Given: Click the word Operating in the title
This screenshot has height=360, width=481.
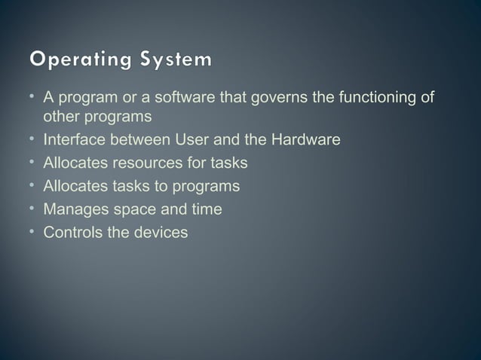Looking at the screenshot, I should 73,59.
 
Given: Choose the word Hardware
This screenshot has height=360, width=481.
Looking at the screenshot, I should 300,139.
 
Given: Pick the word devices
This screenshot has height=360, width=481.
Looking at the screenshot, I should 158,232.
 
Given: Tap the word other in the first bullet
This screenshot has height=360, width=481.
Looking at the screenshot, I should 58,117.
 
